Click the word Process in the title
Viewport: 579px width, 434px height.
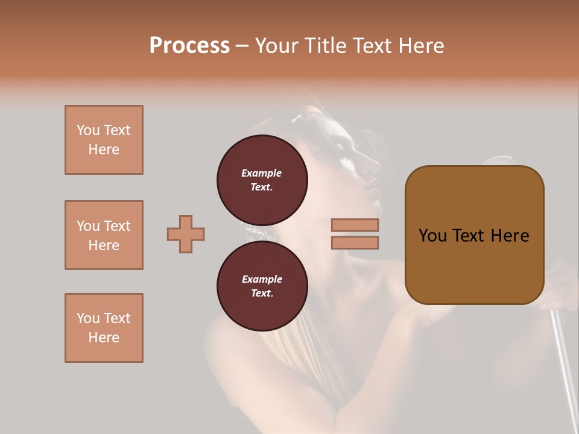click(x=189, y=46)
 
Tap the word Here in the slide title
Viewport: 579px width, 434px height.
click(x=420, y=46)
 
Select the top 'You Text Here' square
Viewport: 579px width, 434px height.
click(x=104, y=140)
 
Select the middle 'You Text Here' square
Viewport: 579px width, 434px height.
click(x=104, y=235)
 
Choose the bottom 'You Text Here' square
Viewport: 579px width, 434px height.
click(x=104, y=328)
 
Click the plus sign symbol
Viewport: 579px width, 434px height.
click(x=186, y=234)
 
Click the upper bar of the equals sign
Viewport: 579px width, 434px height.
click(x=355, y=225)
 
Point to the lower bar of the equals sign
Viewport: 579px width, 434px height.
click(x=355, y=243)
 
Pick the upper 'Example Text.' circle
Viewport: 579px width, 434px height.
click(x=262, y=180)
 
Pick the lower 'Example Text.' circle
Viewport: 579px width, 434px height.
click(x=262, y=286)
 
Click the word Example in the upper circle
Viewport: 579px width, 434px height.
click(x=261, y=173)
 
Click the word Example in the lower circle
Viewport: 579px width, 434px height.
click(x=262, y=279)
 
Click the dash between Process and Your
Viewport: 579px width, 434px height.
click(x=242, y=46)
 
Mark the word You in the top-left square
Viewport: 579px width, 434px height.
click(x=87, y=130)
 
